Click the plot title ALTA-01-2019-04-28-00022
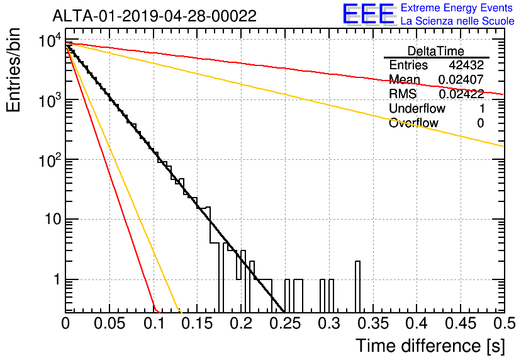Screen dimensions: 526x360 pos(155,16)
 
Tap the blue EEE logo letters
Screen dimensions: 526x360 pos(369,14)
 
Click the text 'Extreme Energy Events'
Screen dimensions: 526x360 pos(457,8)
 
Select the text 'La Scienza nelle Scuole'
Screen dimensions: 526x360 pos(457,21)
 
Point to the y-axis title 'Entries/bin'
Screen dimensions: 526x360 pos(13,70)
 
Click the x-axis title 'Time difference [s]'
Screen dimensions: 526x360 pos(430,346)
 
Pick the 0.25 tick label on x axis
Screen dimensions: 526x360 pos(285,323)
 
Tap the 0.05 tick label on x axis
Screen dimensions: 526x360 pos(109,323)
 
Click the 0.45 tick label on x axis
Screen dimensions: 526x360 pos(461,323)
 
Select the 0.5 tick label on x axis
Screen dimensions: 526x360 pos(505,323)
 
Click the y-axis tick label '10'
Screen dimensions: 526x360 pos(53,220)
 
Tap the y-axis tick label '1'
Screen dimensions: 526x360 pos(58,279)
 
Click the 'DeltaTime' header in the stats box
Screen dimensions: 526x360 pos(436,51)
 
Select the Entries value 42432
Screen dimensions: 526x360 pos(466,65)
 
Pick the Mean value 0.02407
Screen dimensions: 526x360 pos(461,79)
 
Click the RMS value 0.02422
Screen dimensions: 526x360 pos(461,94)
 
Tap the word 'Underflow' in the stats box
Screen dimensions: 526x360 pos(417,108)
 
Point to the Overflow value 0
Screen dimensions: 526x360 pos(481,123)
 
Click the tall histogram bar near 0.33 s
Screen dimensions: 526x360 pos(357,287)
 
